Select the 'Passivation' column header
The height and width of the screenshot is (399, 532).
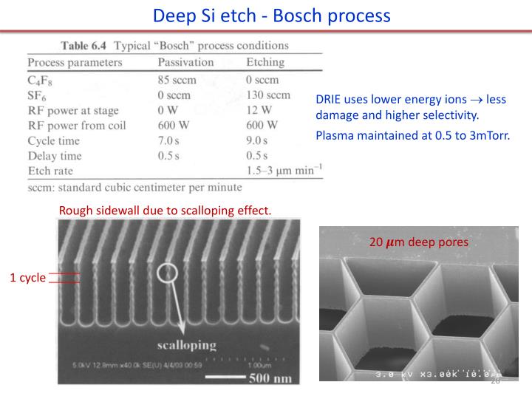(x=185, y=62)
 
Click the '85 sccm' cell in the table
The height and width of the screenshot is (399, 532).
(x=177, y=79)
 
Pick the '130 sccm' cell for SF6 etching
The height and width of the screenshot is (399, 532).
(x=268, y=95)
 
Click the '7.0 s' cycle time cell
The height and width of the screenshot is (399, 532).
(x=170, y=140)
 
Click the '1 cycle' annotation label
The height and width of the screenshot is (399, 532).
(x=27, y=278)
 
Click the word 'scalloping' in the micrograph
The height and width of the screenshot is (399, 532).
(x=186, y=344)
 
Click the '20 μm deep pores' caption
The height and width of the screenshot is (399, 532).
(x=418, y=242)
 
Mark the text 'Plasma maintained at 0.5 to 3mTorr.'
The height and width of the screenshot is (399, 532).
(x=412, y=136)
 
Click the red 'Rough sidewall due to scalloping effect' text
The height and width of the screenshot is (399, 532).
(x=165, y=211)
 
